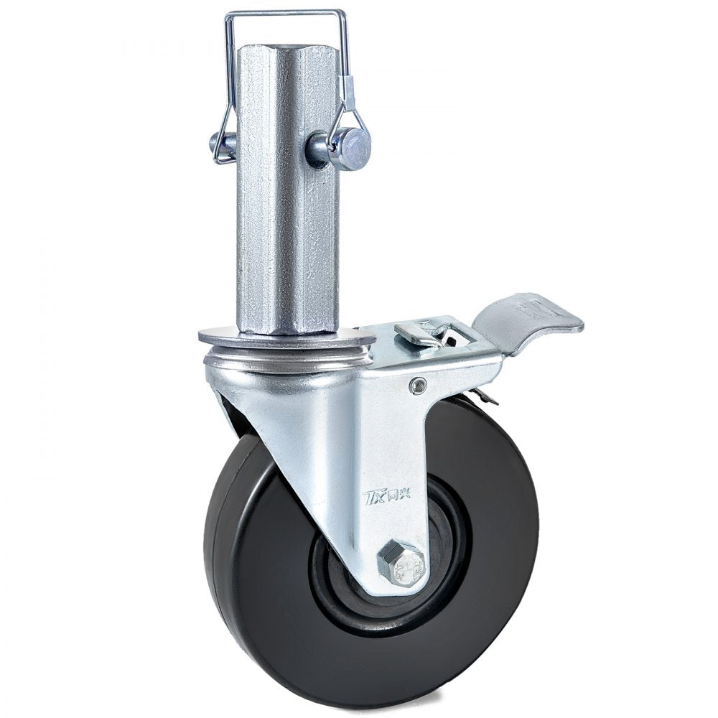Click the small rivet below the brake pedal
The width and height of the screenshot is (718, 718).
(x=415, y=387)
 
